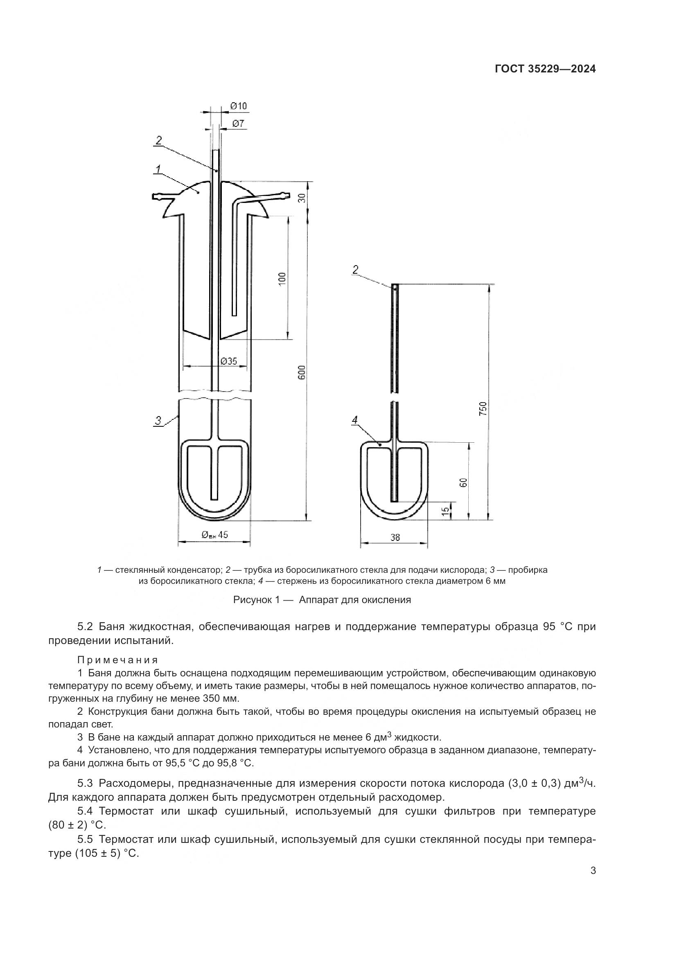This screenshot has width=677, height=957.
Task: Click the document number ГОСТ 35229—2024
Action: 545,69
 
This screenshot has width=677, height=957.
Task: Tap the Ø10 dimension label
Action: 239,106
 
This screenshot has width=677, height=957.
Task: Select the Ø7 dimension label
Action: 238,124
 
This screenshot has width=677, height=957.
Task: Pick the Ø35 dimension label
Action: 228,361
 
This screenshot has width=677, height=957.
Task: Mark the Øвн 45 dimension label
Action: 215,535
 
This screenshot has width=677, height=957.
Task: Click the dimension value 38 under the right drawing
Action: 395,538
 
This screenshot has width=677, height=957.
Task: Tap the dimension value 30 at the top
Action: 302,198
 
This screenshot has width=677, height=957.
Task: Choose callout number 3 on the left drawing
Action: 158,421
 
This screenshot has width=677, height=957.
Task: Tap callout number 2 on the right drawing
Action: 355,270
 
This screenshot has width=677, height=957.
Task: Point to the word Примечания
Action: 117,660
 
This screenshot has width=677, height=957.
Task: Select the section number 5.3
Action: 85,783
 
